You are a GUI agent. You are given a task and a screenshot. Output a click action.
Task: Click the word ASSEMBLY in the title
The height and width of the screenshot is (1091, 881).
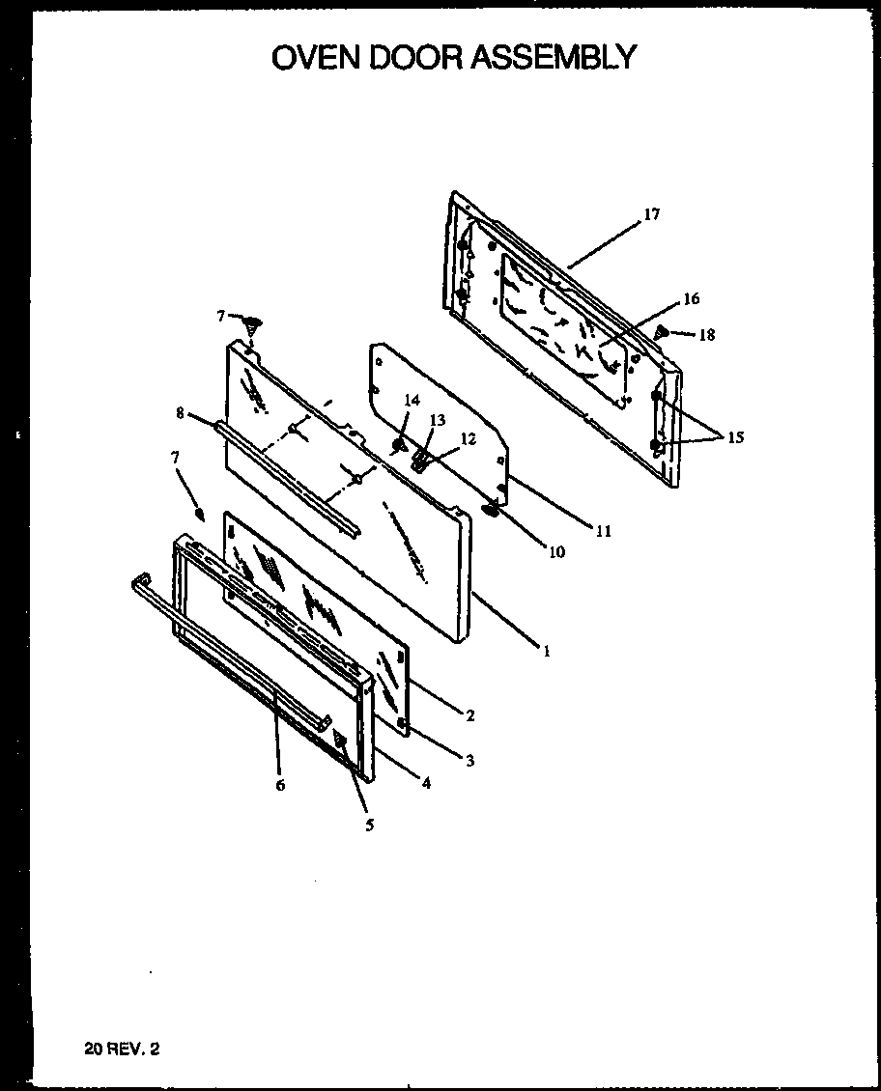tap(554, 57)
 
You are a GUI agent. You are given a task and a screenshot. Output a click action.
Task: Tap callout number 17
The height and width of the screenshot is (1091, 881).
tap(652, 214)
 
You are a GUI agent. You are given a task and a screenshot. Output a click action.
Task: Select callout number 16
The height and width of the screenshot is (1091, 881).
tap(691, 299)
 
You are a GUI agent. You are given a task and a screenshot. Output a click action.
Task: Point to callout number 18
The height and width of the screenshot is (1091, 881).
tap(707, 335)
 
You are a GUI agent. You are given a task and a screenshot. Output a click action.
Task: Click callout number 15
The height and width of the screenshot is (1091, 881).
tap(736, 437)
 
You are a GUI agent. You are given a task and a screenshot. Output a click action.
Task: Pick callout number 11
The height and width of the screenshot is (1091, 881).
tap(605, 530)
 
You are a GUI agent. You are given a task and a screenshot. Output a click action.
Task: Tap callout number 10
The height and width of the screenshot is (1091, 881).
tap(557, 552)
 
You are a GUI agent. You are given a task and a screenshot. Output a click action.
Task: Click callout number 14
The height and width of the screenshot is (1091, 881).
tap(412, 401)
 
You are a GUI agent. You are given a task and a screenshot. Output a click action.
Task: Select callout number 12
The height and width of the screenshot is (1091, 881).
tap(468, 437)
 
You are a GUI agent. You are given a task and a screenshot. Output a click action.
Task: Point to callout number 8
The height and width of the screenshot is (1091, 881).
tap(180, 413)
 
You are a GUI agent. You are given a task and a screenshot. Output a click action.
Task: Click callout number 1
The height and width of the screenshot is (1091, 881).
tap(546, 652)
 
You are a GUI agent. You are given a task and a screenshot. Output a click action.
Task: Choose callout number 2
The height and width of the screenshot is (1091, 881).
tap(469, 715)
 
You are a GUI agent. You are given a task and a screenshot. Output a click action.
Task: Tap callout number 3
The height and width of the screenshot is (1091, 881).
tap(469, 762)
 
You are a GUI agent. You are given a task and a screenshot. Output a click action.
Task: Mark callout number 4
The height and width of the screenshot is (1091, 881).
tap(425, 784)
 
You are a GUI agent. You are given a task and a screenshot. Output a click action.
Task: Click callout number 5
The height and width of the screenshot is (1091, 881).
tap(369, 825)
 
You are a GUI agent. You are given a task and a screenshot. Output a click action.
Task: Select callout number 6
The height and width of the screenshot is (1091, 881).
tap(280, 786)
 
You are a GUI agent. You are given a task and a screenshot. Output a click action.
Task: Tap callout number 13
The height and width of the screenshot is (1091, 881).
tap(438, 420)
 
